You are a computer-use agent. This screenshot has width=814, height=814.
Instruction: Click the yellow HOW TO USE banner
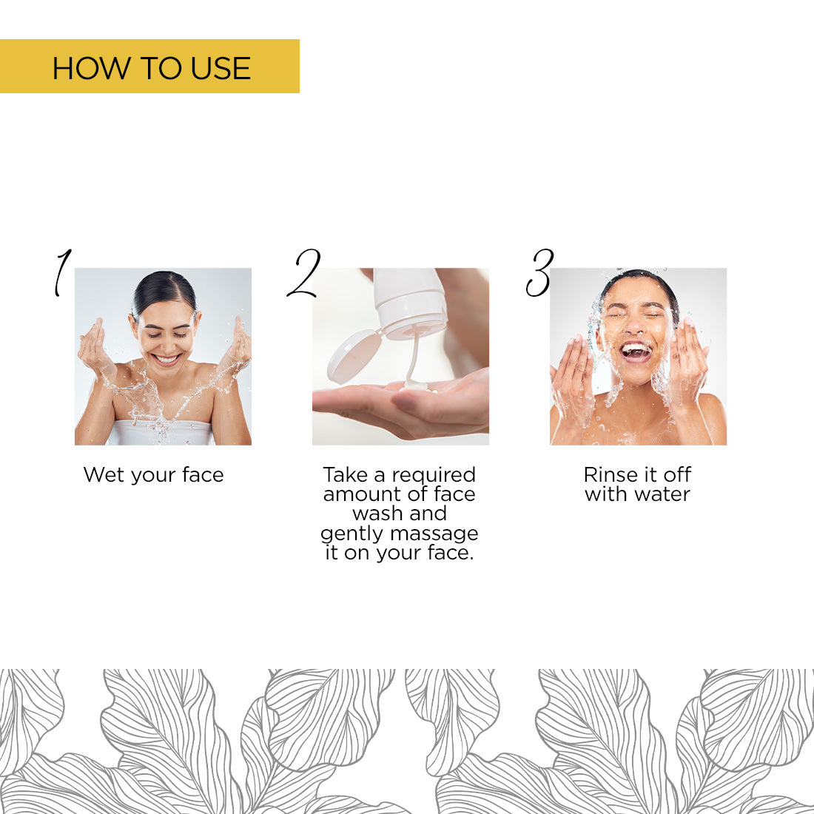click(149, 67)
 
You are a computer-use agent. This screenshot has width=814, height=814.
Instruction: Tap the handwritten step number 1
click(62, 272)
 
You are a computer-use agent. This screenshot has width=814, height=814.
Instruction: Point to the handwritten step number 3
click(540, 273)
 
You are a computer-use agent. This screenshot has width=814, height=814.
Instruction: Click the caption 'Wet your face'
click(153, 475)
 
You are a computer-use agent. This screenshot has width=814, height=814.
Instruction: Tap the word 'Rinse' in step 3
click(610, 475)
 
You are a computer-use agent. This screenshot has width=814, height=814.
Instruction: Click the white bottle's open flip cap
click(353, 356)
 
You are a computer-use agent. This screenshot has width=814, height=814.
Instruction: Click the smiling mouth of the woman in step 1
click(166, 360)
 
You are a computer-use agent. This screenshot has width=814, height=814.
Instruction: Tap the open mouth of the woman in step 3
click(635, 351)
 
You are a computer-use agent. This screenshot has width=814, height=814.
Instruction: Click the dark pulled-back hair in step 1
click(164, 286)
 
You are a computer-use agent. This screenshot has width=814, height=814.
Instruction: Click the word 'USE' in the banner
click(221, 68)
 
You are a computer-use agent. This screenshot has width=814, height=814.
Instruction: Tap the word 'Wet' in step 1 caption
click(102, 475)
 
